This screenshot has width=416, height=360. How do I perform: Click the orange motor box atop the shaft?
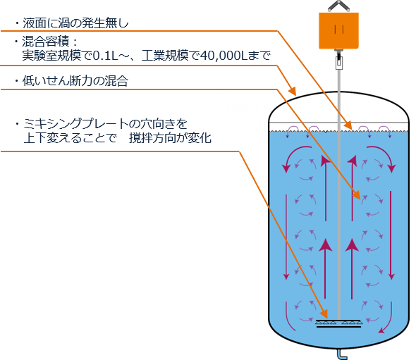tap(339, 31)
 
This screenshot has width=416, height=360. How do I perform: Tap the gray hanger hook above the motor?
tap(339, 6)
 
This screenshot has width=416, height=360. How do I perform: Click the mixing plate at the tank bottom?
tap(338, 323)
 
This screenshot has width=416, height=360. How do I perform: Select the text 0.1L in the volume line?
tap(105, 56)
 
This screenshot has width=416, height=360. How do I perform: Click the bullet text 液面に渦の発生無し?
tap(75, 23)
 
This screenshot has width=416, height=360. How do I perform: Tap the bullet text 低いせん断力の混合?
tap(75, 81)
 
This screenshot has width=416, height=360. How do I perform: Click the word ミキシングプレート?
tap(76, 124)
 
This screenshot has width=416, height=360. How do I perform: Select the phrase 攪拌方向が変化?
tap(171, 138)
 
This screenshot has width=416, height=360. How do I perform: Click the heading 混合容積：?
tap(49, 42)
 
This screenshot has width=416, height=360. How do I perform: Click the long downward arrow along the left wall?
tap(286, 237)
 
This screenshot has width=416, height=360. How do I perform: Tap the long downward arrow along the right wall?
tap(391, 235)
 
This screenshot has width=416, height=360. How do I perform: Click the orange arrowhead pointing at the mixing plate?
tap(324, 314)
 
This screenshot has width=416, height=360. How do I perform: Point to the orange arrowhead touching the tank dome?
tap(293, 91)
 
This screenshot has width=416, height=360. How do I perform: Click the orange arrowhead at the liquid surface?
tap(348, 125)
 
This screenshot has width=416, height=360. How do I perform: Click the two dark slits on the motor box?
tap(339, 29)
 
